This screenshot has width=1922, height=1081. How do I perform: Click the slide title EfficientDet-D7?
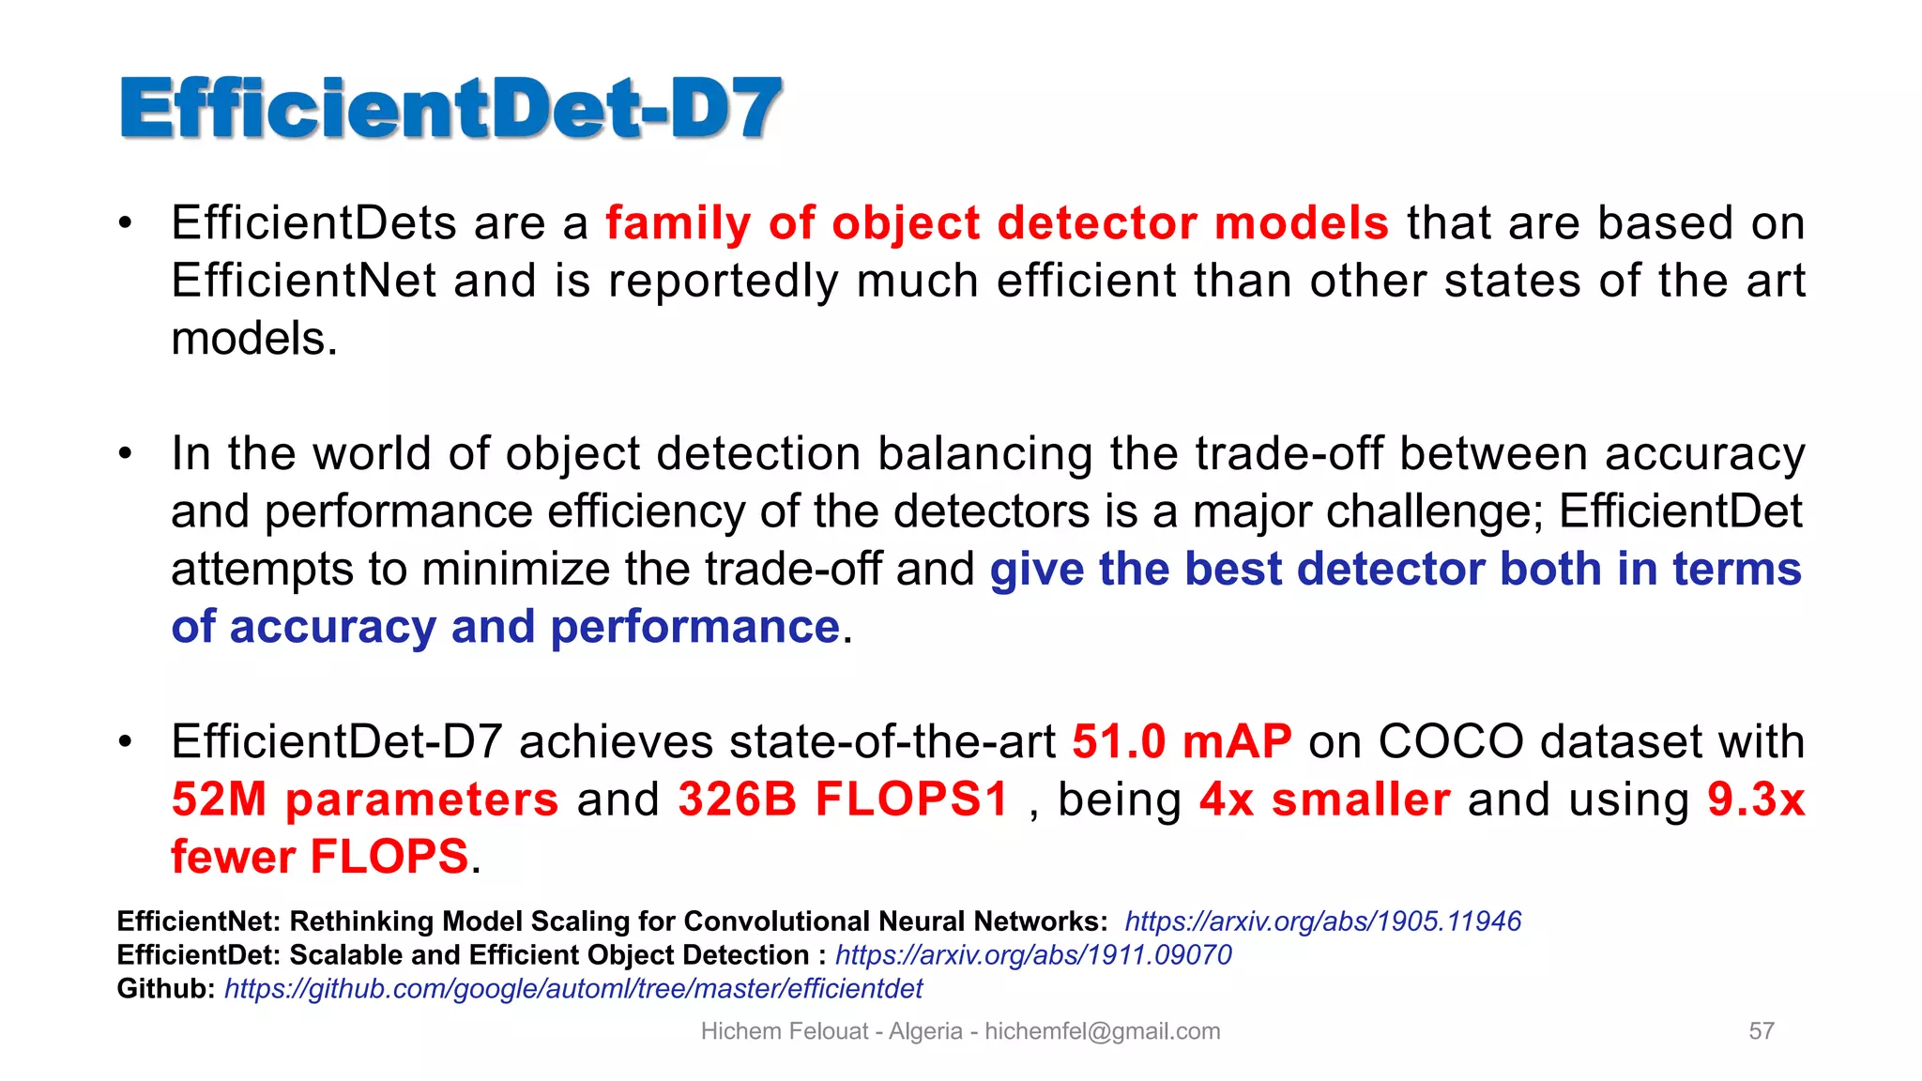pyautogui.click(x=450, y=109)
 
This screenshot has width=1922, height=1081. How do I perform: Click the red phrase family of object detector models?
pyautogui.click(x=997, y=223)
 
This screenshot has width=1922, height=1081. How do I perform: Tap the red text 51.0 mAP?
pyautogui.click(x=1182, y=741)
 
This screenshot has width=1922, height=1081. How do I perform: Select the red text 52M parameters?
pyautogui.click(x=365, y=799)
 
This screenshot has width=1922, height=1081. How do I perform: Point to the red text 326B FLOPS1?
pyautogui.click(x=842, y=799)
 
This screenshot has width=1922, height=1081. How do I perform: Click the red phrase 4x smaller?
pyautogui.click(x=1324, y=799)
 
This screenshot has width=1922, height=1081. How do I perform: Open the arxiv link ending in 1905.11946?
pyautogui.click(x=1322, y=921)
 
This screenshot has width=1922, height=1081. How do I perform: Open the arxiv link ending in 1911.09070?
pyautogui.click(x=1033, y=955)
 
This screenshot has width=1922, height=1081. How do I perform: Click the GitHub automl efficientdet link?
pyautogui.click(x=573, y=989)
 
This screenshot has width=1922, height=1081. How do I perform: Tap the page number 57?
pyautogui.click(x=1762, y=1031)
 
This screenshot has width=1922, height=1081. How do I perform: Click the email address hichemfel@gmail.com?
pyautogui.click(x=1103, y=1031)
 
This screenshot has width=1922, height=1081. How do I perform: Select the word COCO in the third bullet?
pyautogui.click(x=1451, y=741)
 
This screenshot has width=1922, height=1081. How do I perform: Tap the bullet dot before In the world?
pyautogui.click(x=126, y=454)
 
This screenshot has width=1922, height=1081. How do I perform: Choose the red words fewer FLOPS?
pyautogui.click(x=319, y=857)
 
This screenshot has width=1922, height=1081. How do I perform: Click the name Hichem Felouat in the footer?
pyautogui.click(x=785, y=1031)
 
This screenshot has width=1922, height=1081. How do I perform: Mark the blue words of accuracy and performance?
pyautogui.click(x=505, y=627)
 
